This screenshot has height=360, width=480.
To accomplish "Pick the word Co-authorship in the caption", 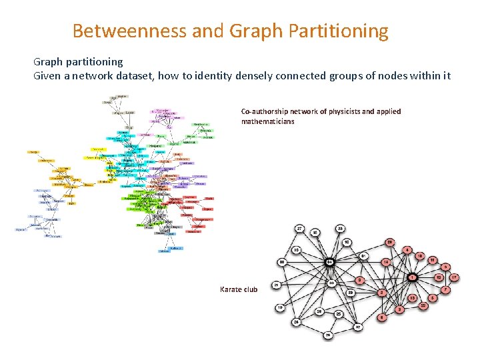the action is (267, 111).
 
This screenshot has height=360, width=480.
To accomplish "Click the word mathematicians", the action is (267, 121).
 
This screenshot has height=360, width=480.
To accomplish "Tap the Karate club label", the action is (239, 289).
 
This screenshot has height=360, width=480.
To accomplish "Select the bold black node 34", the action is (329, 263).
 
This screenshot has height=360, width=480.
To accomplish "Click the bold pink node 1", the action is (413, 277).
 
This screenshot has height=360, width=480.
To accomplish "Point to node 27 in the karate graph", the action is (301, 229).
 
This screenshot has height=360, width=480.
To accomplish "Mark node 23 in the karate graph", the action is (339, 228).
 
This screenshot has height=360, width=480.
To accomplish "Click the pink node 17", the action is (454, 277).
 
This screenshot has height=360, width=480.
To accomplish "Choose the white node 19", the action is (280, 307).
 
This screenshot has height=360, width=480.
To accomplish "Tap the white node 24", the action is (296, 323).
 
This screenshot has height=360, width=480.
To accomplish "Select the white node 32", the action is (359, 327).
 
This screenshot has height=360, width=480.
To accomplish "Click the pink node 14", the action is (386, 263).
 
